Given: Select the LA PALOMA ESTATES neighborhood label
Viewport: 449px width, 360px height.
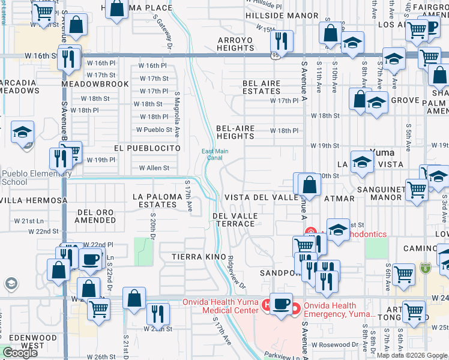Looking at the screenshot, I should tap(155, 200).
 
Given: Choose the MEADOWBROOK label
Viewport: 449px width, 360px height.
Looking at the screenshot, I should tap(95, 84).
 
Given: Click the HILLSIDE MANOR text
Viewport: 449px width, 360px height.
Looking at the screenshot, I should tap(282, 16).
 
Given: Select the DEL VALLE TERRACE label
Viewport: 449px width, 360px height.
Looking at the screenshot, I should tap(235, 220).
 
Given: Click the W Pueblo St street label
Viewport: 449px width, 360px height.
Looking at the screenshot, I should tap(154, 129).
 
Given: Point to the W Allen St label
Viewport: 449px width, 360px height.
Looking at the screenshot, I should tap(154, 168).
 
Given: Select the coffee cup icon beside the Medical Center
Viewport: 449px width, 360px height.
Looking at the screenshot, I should tap(280, 303).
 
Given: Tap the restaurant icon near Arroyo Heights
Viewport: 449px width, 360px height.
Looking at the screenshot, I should tap(280, 41).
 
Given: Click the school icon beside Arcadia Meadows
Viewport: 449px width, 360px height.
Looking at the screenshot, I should tap(22, 131).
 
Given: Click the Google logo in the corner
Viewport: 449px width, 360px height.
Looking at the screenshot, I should tap(20, 353).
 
